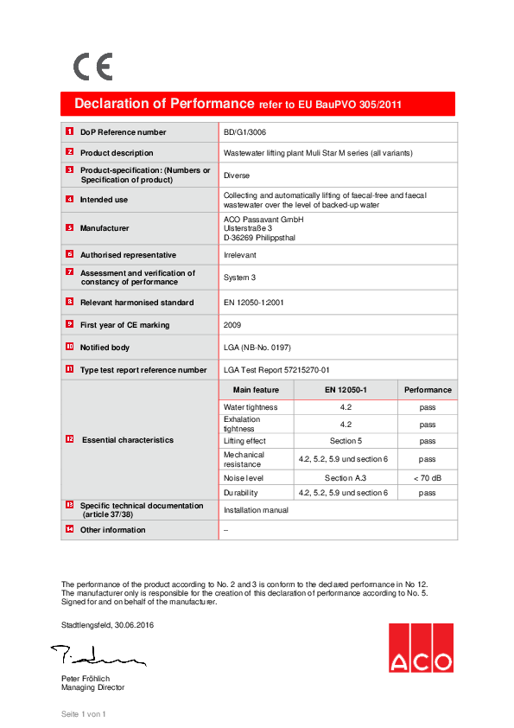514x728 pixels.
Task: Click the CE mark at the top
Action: coord(92,67)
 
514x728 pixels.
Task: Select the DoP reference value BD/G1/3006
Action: coord(244,132)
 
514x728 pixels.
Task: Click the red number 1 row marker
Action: coord(69,131)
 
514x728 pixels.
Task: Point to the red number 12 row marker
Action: coord(69,439)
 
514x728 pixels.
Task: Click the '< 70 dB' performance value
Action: coord(427,477)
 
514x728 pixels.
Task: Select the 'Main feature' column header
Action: coord(256,390)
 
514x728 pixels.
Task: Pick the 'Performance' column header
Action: coord(427,390)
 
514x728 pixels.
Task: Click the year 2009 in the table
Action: coord(233,325)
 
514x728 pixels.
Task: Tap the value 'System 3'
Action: coord(239,278)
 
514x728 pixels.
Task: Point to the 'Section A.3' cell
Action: coord(346,477)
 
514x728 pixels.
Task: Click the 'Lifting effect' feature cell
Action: coord(245,441)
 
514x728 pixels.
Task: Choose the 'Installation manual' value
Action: coord(256,510)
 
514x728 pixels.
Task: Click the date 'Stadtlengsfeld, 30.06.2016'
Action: coord(108,624)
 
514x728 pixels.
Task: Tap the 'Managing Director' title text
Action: coord(92,687)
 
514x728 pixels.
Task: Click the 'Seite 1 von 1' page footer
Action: coord(83,714)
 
